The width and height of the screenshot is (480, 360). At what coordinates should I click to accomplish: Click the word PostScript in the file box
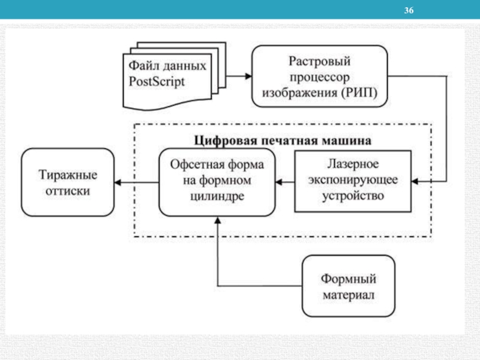tap(157, 80)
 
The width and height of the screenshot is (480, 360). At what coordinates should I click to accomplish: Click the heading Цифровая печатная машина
tap(283, 140)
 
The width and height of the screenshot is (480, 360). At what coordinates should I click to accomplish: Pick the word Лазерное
tap(353, 163)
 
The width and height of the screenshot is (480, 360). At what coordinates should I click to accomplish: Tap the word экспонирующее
tap(353, 179)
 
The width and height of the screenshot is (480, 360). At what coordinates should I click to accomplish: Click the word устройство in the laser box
tap(353, 196)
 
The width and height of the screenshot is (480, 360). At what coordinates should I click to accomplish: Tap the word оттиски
tap(67, 191)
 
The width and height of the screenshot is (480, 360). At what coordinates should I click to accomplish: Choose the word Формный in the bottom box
tap(349, 279)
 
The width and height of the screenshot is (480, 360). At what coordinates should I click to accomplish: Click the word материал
tap(349, 295)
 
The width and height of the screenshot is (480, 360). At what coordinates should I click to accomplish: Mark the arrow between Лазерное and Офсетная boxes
tap(285, 181)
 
